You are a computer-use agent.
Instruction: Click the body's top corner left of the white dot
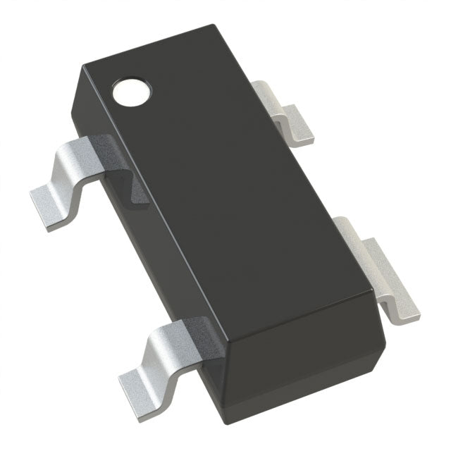pyautogui.click(x=83, y=67)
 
